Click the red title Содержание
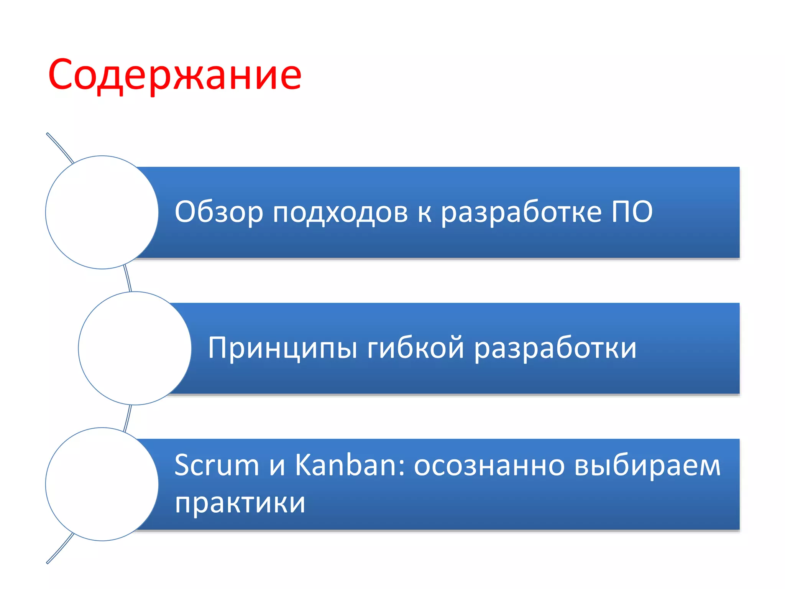(x=175, y=75)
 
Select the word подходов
(x=340, y=212)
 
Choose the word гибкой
(x=415, y=347)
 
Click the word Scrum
(x=217, y=465)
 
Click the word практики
(x=240, y=503)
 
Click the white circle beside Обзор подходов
(x=102, y=212)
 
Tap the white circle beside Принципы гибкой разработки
(x=135, y=348)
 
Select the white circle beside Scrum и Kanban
(x=102, y=484)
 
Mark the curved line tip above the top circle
(x=48, y=134)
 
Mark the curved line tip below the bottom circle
(x=48, y=563)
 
